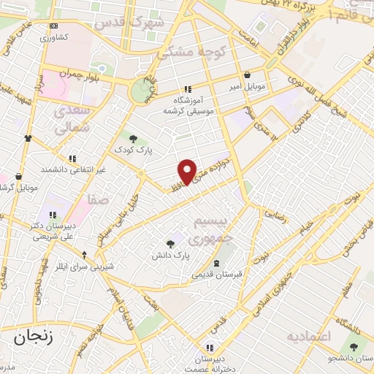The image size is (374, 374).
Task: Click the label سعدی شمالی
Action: pos(72,118)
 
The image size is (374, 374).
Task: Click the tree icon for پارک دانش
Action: pos(171,244)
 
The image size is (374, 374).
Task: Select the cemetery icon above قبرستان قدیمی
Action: pos(215,263)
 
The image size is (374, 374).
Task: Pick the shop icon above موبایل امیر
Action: pos(247,75)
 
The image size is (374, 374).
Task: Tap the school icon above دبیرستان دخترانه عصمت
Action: pos(210,348)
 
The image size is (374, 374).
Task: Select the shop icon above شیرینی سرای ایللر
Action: pos(85,255)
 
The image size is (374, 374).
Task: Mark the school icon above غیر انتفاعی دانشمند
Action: pos(72,158)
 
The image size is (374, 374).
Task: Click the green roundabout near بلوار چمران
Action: pos(139,91)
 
